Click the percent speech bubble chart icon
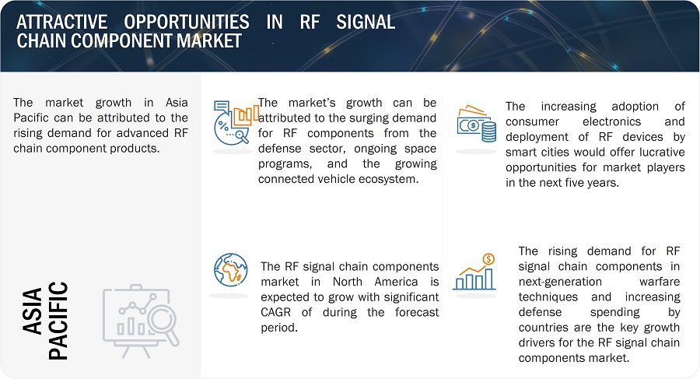(234, 124)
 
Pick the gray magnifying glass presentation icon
(142, 318)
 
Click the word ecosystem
(391, 180)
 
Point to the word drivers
(537, 343)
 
